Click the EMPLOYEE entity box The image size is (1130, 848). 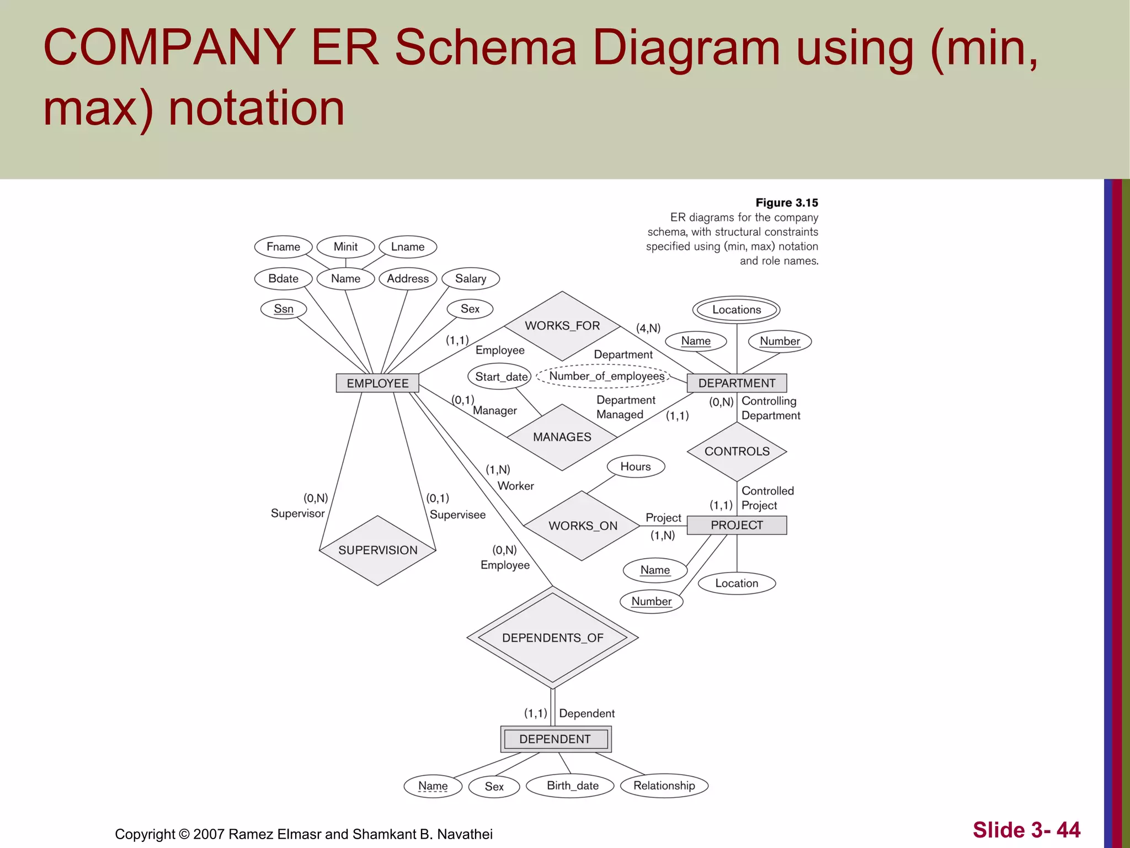377,383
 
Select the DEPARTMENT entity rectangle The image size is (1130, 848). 737,383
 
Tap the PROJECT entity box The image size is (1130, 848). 737,525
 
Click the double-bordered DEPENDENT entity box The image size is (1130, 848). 555,739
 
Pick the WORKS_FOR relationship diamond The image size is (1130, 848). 562,326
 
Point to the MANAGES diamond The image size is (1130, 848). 562,437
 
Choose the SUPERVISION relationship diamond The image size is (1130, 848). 377,550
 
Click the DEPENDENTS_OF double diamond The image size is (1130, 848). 552,638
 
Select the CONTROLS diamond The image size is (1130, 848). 737,452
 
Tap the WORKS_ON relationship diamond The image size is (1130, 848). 582,526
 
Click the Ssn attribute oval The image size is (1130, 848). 284,309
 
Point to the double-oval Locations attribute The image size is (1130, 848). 736,310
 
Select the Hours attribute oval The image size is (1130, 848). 636,467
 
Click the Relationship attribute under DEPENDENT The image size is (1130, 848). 664,786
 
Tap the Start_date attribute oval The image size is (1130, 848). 501,377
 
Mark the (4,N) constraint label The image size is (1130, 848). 648,328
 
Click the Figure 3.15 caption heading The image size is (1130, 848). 786,203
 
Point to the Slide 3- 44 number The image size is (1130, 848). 1026,830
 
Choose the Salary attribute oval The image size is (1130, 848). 470,279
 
